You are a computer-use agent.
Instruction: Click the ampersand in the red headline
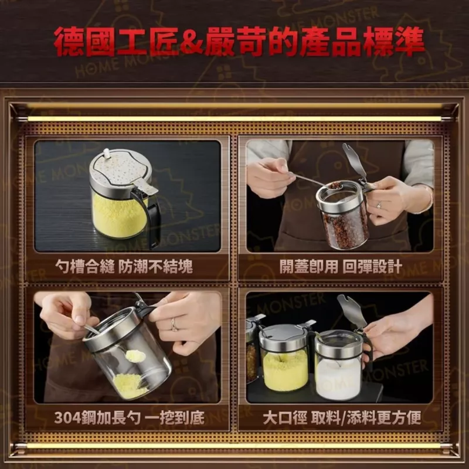pos(191,42)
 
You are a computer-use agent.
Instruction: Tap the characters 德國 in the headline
pos(84,42)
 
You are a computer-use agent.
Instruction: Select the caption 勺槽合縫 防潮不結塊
pos(124,266)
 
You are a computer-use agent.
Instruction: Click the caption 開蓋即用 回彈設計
pos(341,266)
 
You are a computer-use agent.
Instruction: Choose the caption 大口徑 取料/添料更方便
pos(342,417)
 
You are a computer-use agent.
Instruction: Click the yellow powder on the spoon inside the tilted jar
pos(135,356)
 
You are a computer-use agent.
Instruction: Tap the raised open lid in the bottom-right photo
pos(352,311)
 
